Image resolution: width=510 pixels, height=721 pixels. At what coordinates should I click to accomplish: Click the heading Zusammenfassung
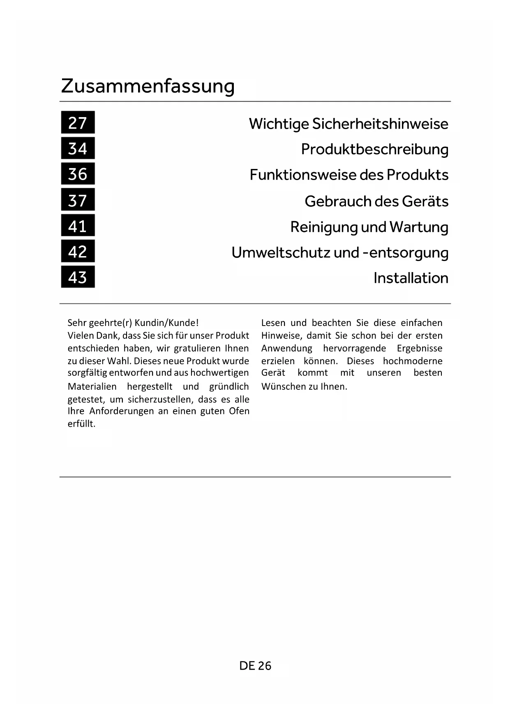pyautogui.click(x=148, y=86)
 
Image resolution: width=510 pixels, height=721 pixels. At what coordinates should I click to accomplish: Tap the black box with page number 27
pyautogui.click(x=78, y=122)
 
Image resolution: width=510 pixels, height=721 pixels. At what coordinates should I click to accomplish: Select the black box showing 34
pyautogui.click(x=78, y=148)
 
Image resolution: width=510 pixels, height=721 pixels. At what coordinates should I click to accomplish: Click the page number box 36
pyautogui.click(x=78, y=174)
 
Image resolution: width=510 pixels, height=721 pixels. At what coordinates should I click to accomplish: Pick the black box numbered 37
pyautogui.click(x=78, y=200)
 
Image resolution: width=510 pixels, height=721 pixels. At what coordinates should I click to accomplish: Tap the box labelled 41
pyautogui.click(x=78, y=226)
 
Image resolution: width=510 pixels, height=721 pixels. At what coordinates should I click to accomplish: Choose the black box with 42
pyautogui.click(x=78, y=251)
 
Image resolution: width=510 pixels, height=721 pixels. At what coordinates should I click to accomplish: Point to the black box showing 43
pyautogui.click(x=78, y=277)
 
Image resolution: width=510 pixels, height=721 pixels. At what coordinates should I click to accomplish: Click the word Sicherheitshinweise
pyautogui.click(x=380, y=124)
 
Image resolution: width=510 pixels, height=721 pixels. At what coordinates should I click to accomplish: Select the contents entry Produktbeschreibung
pyautogui.click(x=374, y=149)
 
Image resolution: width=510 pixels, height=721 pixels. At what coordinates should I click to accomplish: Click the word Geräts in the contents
pyautogui.click(x=425, y=201)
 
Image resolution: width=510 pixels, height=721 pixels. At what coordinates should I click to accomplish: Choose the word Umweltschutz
pyautogui.click(x=280, y=252)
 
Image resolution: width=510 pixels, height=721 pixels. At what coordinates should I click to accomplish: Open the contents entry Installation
pyautogui.click(x=411, y=278)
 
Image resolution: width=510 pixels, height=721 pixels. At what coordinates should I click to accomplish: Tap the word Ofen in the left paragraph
pyautogui.click(x=239, y=411)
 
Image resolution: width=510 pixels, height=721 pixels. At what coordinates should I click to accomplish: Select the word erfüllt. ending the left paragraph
pyautogui.click(x=81, y=424)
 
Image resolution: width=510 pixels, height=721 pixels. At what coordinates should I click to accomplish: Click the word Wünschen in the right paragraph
pyautogui.click(x=280, y=386)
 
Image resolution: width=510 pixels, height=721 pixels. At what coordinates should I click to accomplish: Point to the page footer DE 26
pyautogui.click(x=255, y=666)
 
